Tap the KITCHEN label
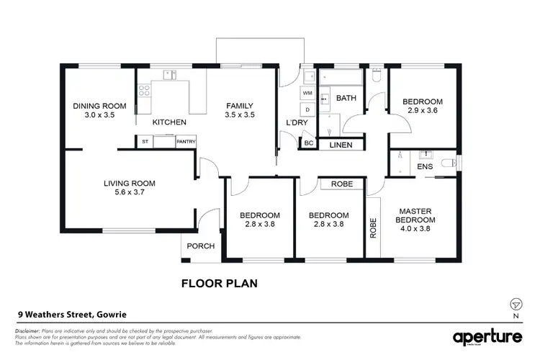point(169,123)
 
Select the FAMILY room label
point(240,105)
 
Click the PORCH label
point(201,246)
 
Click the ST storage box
point(145,142)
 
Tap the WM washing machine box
point(307,94)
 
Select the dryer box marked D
point(307,110)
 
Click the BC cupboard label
point(309,143)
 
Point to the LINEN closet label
point(341,145)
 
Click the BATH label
point(347,99)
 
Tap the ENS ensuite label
point(424,167)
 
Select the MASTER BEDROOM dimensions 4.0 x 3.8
point(417,229)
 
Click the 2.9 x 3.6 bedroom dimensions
point(422,111)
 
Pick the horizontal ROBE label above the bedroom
point(341,184)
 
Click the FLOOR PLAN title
point(219,284)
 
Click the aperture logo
point(487,337)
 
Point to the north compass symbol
point(515,304)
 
